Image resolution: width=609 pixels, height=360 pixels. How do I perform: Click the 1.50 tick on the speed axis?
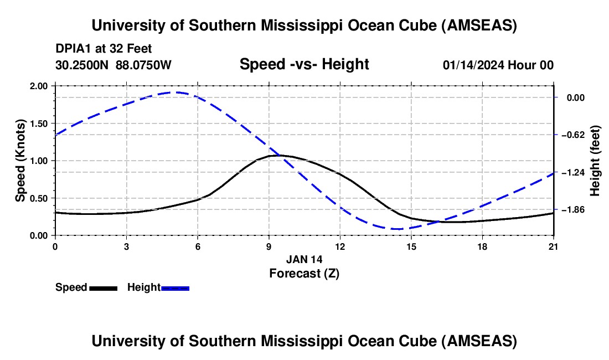point(40,124)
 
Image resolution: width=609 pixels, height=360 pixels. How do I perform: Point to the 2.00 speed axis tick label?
point(40,86)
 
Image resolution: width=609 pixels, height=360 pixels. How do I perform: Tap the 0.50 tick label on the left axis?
point(40,198)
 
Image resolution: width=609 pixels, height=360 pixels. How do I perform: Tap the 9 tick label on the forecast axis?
point(269,246)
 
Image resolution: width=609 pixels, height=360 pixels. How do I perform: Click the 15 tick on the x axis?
point(411,246)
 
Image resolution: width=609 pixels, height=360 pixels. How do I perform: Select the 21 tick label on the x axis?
point(554,246)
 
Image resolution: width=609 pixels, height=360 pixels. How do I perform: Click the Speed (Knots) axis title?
point(20,161)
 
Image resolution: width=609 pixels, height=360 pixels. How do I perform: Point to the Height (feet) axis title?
point(595,161)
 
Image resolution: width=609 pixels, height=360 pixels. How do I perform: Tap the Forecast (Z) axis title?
point(304,273)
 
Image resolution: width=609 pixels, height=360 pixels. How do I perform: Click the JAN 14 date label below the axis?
point(304,259)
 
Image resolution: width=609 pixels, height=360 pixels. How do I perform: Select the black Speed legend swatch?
point(103,288)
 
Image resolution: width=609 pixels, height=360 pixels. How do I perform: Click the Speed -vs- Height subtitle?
point(304,64)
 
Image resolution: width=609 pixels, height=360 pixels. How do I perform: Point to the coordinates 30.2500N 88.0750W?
point(113,65)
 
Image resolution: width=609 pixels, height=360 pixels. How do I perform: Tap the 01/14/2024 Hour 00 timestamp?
point(498,65)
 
